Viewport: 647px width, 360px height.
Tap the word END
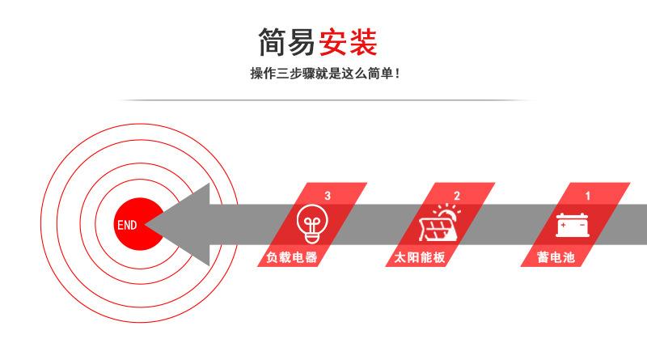tap(127, 225)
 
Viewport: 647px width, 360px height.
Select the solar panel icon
tap(438, 227)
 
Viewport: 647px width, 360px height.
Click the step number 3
tap(327, 196)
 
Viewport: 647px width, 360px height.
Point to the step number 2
tap(457, 196)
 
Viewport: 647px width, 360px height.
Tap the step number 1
tap(588, 196)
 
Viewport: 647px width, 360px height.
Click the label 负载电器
tap(291, 258)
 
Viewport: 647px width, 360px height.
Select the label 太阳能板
tap(421, 258)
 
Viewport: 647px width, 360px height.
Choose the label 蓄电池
tap(556, 258)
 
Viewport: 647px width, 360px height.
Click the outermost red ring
tap(41, 224)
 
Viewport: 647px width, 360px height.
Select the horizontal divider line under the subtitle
tap(323, 100)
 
